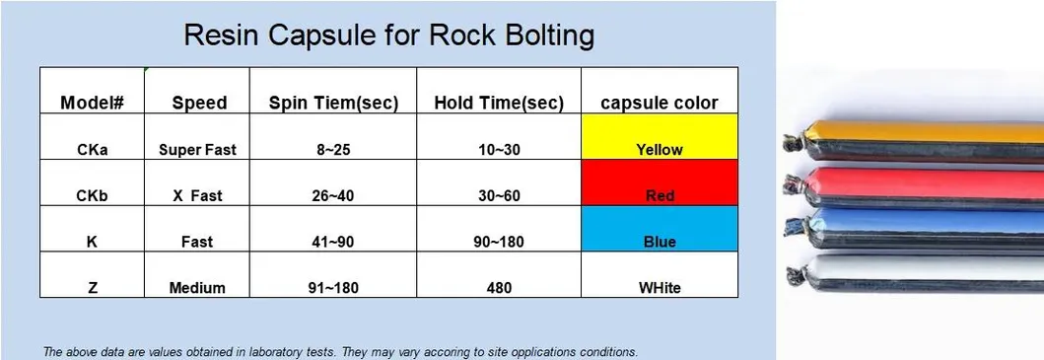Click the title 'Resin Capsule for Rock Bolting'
[x=389, y=36]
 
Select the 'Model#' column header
[x=92, y=103]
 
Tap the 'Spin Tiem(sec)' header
[x=333, y=103]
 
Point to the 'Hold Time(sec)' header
[x=499, y=103]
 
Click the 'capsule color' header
[x=660, y=103]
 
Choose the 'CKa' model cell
[x=92, y=150]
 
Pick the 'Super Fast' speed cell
[x=198, y=150]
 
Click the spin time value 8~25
[x=333, y=150]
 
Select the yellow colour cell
[x=660, y=137]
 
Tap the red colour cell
[x=660, y=182]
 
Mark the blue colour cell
[x=660, y=229]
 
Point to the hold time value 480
[x=499, y=288]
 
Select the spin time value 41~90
[x=333, y=242]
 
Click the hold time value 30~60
[x=499, y=195]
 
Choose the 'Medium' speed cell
[x=198, y=288]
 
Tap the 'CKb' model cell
[x=92, y=195]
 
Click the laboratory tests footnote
[x=340, y=351]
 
